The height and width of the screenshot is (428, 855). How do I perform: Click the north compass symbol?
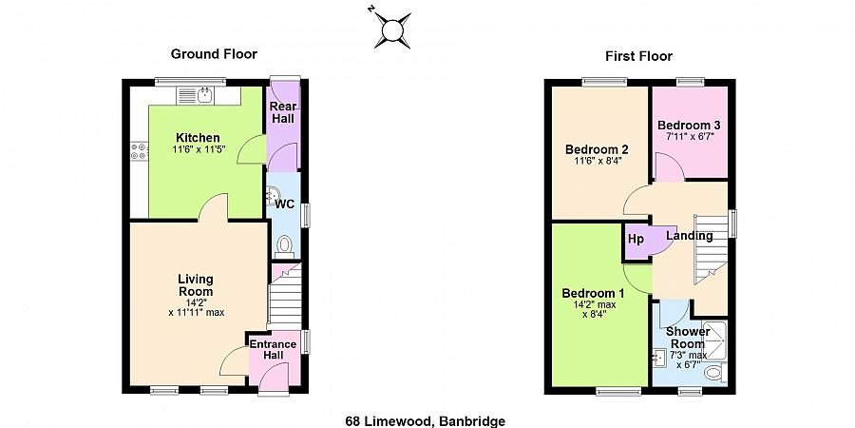[x=390, y=28]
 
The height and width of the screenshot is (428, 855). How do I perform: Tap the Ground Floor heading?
[x=214, y=54]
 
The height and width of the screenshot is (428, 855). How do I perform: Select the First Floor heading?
[x=638, y=56]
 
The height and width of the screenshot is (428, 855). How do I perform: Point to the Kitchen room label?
[x=197, y=138]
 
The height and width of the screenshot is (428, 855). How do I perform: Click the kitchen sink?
[x=204, y=94]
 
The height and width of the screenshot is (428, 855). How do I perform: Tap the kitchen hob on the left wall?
[x=139, y=149]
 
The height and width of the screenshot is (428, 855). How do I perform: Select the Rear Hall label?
[x=283, y=111]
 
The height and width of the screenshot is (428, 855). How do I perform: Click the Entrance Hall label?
[x=274, y=349]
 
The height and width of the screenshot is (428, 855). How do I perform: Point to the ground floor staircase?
[x=284, y=297]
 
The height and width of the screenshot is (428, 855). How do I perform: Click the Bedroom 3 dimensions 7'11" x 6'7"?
[x=691, y=136]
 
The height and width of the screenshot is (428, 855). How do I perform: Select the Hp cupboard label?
[x=636, y=239]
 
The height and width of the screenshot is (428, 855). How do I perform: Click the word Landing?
[x=690, y=235]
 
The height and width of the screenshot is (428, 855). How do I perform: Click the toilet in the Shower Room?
[x=713, y=374]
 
